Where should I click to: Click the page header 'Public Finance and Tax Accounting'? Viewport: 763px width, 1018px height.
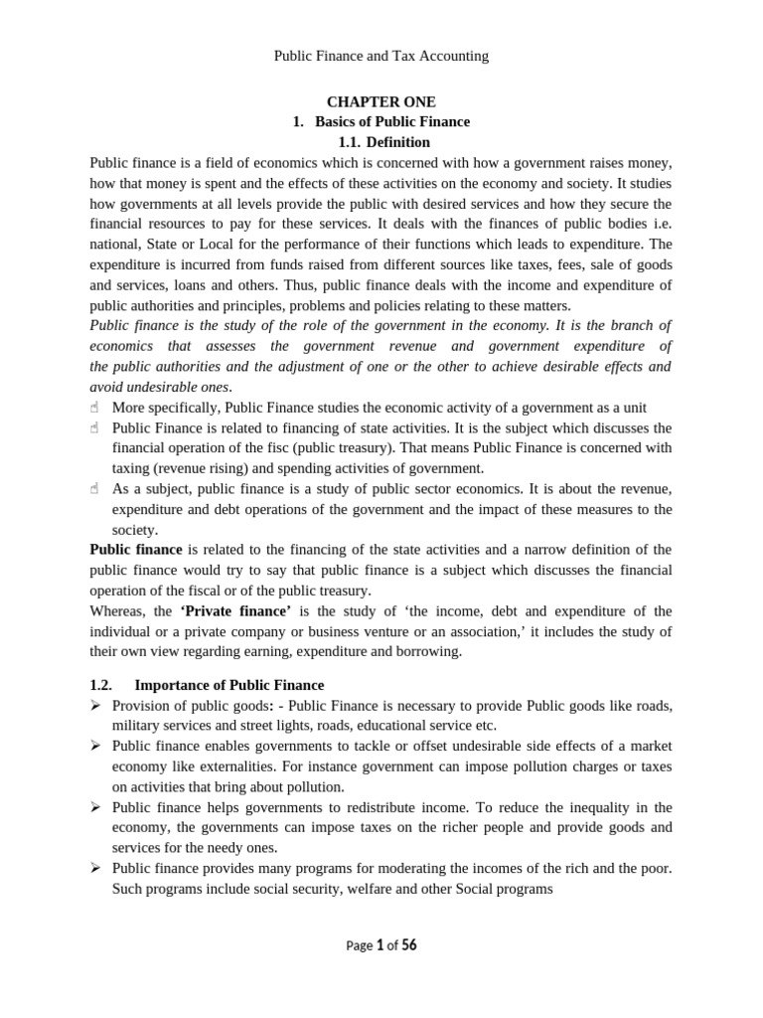(381, 56)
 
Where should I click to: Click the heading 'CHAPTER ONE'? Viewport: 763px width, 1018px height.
(381, 101)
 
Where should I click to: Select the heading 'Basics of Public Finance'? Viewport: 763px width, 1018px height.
(392, 121)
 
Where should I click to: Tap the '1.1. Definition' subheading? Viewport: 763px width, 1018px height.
(382, 142)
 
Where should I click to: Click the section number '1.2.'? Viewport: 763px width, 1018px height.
(102, 685)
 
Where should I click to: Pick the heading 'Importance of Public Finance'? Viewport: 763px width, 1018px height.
(229, 685)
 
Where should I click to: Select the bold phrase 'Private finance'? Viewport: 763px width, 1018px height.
(229, 610)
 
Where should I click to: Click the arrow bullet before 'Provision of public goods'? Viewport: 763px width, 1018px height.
(95, 706)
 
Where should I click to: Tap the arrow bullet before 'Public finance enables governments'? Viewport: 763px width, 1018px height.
(95, 747)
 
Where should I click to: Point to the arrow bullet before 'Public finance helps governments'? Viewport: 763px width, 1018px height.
(95, 807)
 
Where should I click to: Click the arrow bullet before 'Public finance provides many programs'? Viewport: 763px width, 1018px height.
(95, 869)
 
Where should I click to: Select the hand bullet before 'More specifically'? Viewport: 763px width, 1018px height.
(95, 408)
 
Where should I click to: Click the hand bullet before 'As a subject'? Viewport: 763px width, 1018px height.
(95, 489)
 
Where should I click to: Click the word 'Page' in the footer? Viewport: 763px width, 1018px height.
(359, 946)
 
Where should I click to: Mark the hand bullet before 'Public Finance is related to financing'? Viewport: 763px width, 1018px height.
(95, 428)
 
